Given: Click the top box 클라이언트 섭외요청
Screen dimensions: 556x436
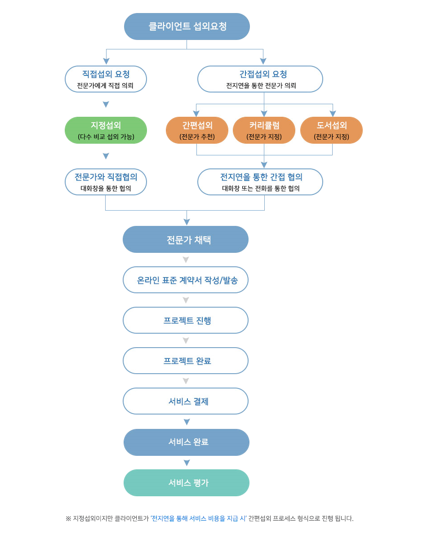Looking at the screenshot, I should tap(187, 26).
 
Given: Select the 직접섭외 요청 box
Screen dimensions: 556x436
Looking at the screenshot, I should tap(106, 79).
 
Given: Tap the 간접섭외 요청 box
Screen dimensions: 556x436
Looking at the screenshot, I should tap(260, 79).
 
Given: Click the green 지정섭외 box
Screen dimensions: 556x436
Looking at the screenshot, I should tap(106, 130).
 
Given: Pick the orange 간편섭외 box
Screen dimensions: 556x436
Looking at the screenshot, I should tap(197, 130).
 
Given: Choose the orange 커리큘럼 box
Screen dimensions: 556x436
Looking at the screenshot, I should tap(264, 130).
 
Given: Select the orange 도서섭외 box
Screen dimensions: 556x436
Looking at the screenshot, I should tap(332, 130).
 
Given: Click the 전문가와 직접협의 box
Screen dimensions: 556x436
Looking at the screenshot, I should tap(106, 182).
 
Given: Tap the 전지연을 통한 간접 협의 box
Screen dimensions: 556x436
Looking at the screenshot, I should tap(260, 182).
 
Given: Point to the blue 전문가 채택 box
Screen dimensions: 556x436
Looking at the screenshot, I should tap(186, 239).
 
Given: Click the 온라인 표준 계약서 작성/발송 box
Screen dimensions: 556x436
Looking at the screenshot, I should tap(186, 280).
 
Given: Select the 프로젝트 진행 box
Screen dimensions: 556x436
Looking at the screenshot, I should tap(186, 320).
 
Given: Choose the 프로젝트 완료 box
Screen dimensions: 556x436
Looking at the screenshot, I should tap(186, 361).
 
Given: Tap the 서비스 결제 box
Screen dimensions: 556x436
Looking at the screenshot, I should tap(186, 401).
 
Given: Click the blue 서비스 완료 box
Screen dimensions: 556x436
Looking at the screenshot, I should tap(187, 442).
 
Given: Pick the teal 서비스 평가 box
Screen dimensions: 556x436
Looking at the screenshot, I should tap(187, 483).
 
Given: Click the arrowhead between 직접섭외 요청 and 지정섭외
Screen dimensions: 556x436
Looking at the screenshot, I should tap(106, 104).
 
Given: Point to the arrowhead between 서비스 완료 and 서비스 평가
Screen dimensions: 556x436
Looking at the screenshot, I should tap(187, 463).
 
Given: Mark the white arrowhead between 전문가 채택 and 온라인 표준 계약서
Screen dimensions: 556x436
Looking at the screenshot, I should tap(186, 260).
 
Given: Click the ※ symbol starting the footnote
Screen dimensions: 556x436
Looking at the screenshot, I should tap(69, 519).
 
